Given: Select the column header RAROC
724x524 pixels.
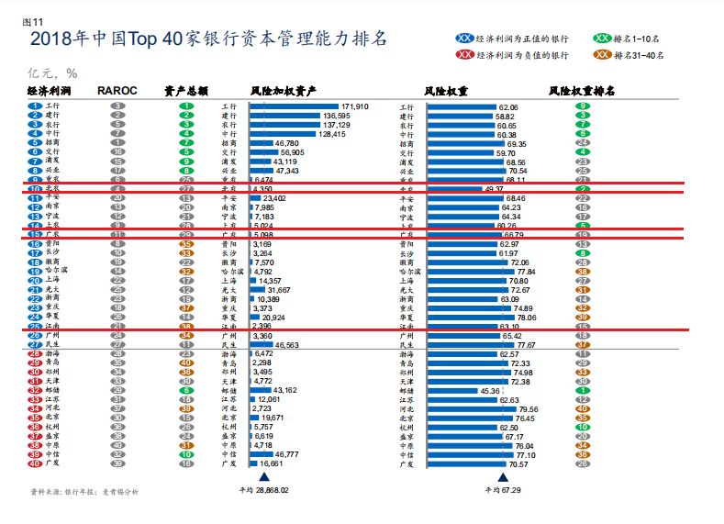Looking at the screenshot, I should pos(117,91).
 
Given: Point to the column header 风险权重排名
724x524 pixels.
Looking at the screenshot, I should pos(582,91).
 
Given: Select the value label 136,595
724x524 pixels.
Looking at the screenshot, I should pos(337,116).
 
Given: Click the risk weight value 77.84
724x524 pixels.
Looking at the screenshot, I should pos(526,272).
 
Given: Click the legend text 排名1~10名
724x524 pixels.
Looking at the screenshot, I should pos(640,39).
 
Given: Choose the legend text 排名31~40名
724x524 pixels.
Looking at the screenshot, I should pos(642,55).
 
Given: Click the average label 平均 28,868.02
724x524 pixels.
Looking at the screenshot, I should pos(263,490).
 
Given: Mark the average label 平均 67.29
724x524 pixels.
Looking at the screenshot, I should pos(502,490).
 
